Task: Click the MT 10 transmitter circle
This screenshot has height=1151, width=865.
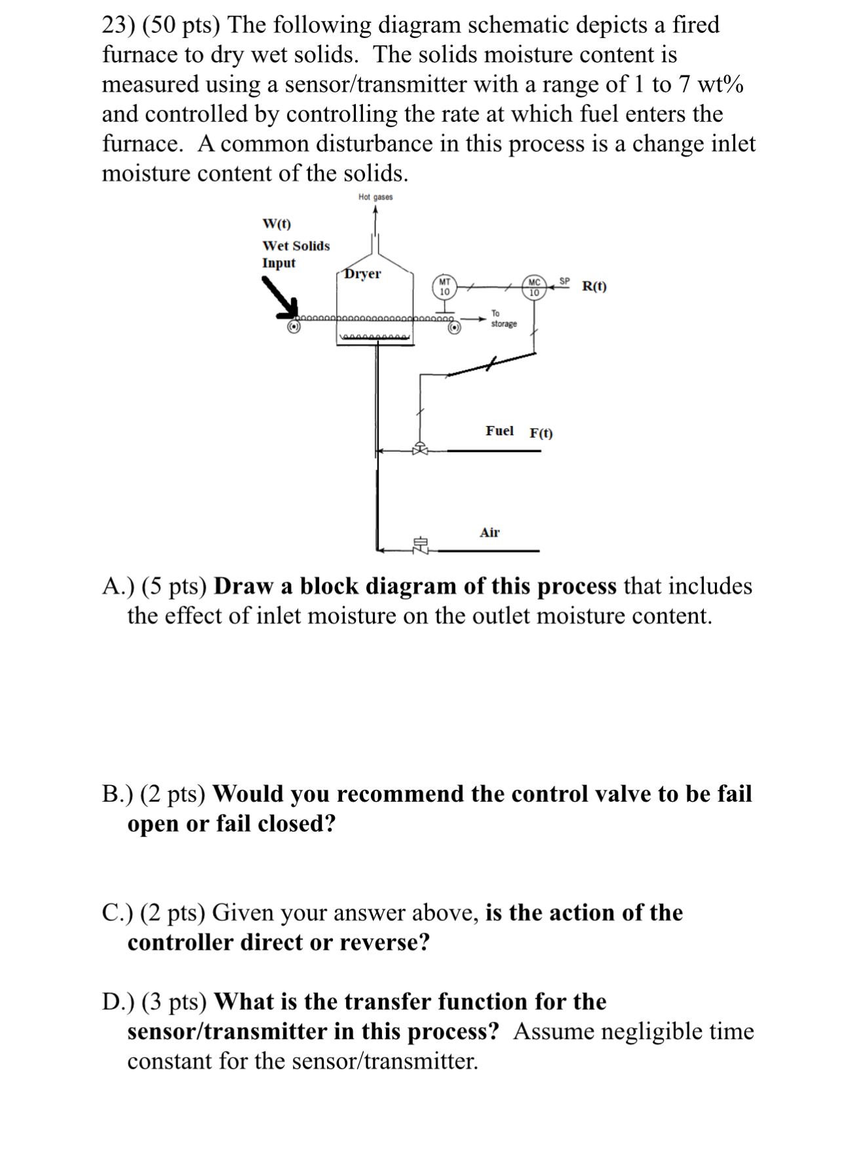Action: click(x=444, y=287)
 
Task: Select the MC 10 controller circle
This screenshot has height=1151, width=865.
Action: click(x=534, y=288)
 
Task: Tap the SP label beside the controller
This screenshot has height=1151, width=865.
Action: click(x=564, y=281)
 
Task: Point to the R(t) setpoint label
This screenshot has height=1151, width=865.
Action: click(x=594, y=286)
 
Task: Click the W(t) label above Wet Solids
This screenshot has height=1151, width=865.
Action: click(x=277, y=224)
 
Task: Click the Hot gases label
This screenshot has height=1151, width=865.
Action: click(x=375, y=197)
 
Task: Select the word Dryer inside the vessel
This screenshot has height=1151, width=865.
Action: click(x=362, y=274)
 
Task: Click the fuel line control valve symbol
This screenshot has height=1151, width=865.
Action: click(x=420, y=450)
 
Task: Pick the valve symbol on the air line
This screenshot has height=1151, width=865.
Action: click(x=420, y=545)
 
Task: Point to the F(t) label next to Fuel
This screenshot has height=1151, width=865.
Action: click(x=541, y=433)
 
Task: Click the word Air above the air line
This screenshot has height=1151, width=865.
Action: click(x=490, y=532)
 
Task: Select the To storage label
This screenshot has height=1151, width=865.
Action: click(x=503, y=319)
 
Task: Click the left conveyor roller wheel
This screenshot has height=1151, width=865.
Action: click(x=295, y=326)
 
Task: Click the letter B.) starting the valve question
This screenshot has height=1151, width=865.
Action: click(x=117, y=793)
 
